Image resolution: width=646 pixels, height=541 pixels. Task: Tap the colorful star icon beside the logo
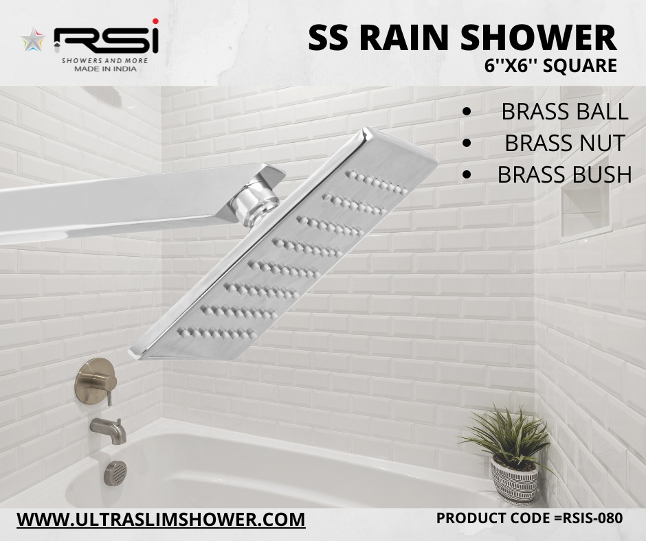tap(32, 39)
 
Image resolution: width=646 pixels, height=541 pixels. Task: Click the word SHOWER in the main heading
tap(538, 38)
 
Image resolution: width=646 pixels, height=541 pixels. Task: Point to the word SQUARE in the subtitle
tap(580, 66)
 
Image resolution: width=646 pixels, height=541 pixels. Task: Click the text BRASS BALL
tap(564, 112)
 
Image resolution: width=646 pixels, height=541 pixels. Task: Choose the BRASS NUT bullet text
tap(565, 143)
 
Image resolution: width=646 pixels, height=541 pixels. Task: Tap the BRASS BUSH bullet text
tap(564, 174)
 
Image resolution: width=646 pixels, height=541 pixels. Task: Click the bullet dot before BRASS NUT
tap(467, 143)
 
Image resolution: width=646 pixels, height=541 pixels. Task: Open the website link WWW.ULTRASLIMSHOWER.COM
tap(161, 520)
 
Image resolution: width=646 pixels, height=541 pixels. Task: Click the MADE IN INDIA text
tap(105, 69)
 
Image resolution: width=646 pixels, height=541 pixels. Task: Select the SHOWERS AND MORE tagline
tap(104, 61)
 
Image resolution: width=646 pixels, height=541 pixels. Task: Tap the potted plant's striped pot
tap(515, 481)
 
